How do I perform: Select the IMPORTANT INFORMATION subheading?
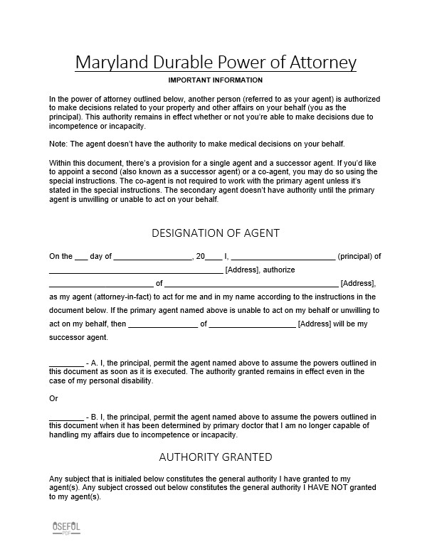point(216,80)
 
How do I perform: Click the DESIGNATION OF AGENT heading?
point(216,233)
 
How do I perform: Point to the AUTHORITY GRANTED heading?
point(216,457)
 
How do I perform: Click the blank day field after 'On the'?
point(81,257)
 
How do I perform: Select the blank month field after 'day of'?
point(153,257)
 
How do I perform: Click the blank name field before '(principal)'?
point(283,257)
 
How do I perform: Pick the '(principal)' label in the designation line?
point(355,257)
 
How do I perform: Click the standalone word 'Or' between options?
point(53,399)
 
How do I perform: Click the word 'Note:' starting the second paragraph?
point(58,144)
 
